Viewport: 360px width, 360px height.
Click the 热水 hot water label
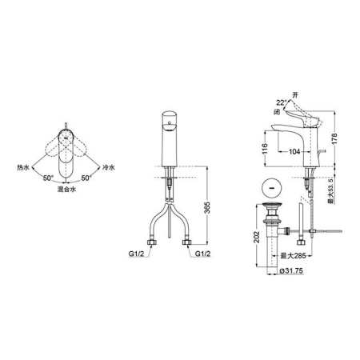(22, 168)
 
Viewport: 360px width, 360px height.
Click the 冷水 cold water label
(109, 167)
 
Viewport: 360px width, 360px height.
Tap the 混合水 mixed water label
(66, 190)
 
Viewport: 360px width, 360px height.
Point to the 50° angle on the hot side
(48, 178)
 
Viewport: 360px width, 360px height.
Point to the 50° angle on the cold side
(86, 178)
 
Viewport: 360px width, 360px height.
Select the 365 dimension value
(207, 208)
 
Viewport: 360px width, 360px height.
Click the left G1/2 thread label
(136, 254)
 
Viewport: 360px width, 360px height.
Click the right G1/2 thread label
(202, 254)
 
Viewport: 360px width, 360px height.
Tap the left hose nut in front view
(152, 242)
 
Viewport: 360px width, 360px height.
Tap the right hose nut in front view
(186, 242)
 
